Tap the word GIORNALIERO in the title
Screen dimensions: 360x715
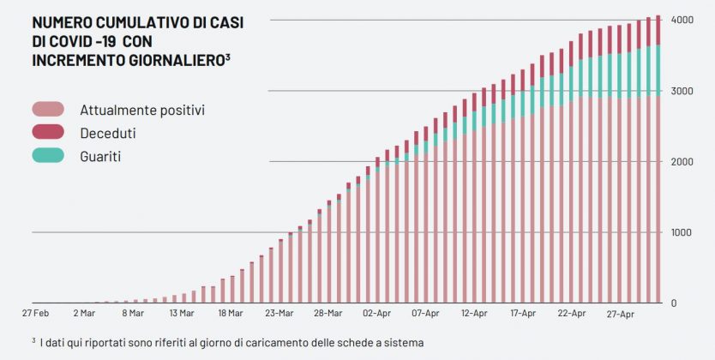click(177, 59)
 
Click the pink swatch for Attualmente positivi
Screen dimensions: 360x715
click(49, 110)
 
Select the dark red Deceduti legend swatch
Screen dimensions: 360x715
click(49, 133)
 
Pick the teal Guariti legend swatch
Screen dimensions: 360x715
click(49, 156)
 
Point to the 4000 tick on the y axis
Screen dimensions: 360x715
click(682, 20)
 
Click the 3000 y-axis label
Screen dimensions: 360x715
click(682, 91)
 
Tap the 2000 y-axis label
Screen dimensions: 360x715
click(682, 162)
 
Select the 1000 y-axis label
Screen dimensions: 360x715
click(682, 232)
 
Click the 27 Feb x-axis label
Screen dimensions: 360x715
click(35, 315)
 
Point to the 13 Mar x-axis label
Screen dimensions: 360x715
click(182, 315)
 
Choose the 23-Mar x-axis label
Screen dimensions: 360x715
click(279, 315)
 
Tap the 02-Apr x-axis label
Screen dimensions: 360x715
click(378, 315)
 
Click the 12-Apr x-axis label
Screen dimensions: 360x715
click(476, 315)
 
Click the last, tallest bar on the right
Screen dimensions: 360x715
click(658, 163)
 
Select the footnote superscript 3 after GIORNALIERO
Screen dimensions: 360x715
click(226, 56)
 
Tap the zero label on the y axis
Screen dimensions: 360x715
click(673, 303)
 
